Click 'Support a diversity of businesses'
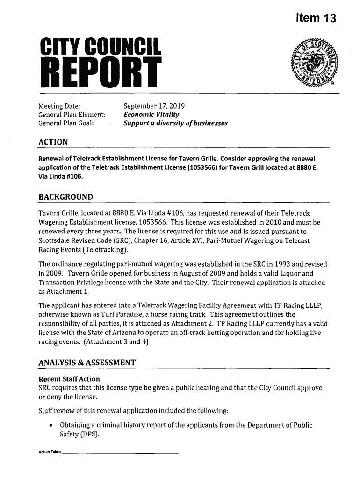tap(175, 123)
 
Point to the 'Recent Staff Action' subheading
tap(69, 378)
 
